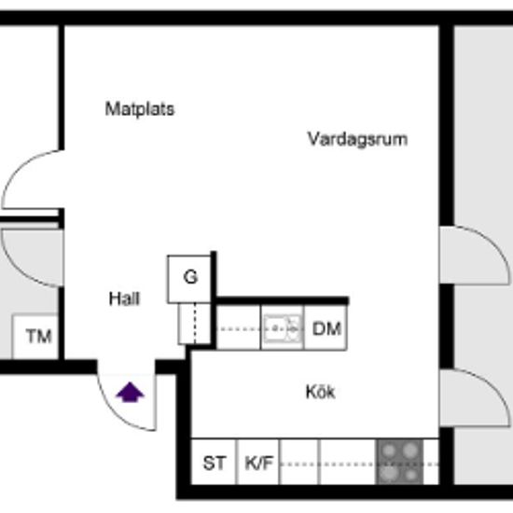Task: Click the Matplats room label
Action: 140,109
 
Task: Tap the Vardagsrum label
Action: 357,139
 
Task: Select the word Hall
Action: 124,298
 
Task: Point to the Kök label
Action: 320,392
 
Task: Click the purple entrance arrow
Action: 130,392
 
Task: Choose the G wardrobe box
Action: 189,279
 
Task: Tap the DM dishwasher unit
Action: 326,327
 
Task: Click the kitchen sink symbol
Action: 283,327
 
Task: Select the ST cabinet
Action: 214,462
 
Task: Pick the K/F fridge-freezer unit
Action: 258,462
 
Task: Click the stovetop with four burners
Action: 400,462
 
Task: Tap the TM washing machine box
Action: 35,337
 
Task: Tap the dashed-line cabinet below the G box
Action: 194,324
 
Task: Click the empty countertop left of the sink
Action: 239,327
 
